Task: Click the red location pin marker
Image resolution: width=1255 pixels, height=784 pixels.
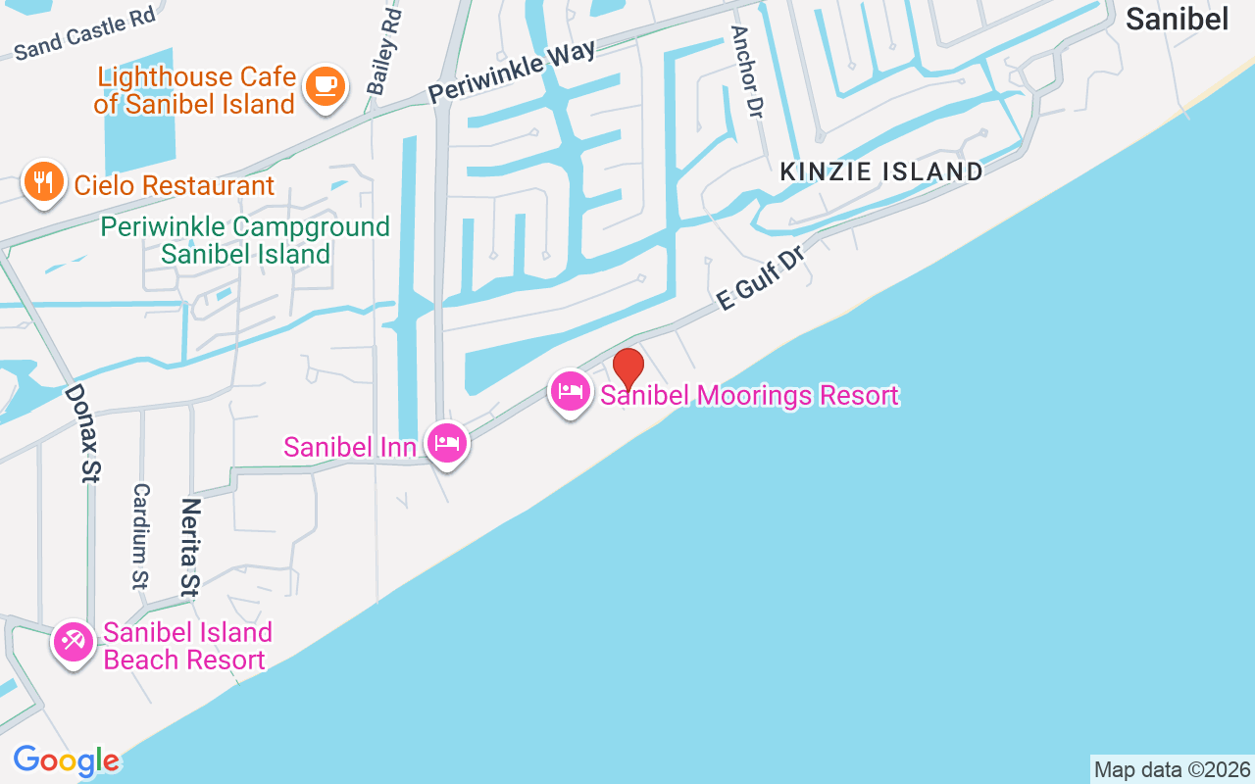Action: (628, 368)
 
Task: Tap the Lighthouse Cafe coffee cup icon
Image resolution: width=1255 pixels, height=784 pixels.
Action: (325, 86)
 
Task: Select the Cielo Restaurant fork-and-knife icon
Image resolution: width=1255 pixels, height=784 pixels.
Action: (43, 182)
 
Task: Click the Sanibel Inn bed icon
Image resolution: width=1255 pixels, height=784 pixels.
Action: (447, 443)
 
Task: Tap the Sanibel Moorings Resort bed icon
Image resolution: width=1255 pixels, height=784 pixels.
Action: (571, 392)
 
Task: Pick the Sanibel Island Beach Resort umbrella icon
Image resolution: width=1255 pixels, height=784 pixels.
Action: (74, 643)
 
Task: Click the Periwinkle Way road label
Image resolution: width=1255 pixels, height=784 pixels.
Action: (511, 72)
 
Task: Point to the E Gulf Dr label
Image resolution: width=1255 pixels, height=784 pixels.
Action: (761, 278)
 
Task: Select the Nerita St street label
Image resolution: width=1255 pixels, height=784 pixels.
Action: (190, 547)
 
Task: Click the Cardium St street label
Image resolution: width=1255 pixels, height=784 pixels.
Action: (141, 536)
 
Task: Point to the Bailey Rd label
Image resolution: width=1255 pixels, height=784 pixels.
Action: (384, 53)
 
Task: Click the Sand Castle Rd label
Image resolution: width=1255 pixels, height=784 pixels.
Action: (85, 34)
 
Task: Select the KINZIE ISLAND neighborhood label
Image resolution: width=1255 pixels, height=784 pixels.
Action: (880, 171)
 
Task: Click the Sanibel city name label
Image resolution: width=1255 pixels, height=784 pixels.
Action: (1177, 19)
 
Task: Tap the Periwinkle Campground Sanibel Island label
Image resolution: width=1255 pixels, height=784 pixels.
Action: (245, 240)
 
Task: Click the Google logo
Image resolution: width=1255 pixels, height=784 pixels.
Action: (66, 760)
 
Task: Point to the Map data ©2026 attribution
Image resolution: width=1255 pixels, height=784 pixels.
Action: (1172, 769)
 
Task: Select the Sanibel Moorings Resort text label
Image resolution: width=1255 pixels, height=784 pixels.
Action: (749, 396)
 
